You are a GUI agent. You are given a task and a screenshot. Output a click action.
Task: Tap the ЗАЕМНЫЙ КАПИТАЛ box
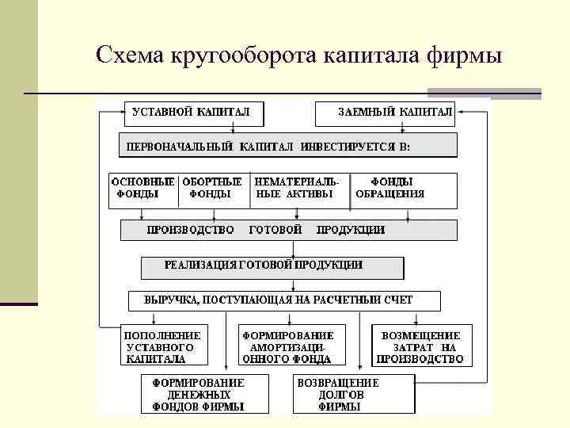[x=385, y=113]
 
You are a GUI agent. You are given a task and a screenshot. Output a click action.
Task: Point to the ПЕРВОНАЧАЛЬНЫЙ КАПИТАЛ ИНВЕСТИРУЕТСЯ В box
[x=288, y=145]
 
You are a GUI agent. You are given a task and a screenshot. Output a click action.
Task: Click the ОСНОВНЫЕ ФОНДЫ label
[x=142, y=187]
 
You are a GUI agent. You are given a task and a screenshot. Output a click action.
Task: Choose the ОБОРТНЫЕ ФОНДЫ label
[x=211, y=187]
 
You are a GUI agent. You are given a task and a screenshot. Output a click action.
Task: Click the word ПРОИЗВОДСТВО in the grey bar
[x=190, y=230]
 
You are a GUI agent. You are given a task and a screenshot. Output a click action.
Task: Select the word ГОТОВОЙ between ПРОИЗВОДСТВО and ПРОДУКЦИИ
[x=275, y=230]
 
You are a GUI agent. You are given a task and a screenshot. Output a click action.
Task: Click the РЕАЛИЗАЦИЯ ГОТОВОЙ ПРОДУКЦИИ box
[x=272, y=266]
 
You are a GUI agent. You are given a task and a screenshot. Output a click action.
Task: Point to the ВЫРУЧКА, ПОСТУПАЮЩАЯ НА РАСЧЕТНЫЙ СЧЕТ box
[x=284, y=300]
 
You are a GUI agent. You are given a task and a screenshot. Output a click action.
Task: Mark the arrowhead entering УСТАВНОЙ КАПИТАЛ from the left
[x=120, y=113]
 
